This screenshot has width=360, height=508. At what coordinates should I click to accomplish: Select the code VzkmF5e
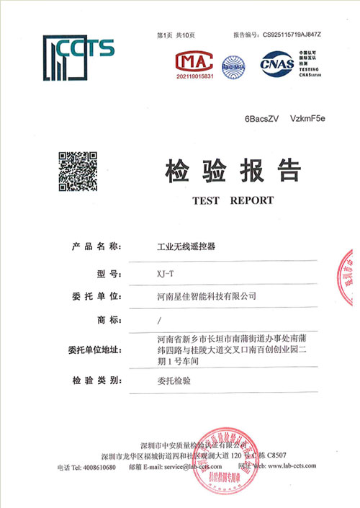click(x=308, y=117)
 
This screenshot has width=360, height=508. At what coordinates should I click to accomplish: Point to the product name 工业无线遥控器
click(x=186, y=247)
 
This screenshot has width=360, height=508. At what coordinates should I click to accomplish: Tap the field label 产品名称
click(x=98, y=247)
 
